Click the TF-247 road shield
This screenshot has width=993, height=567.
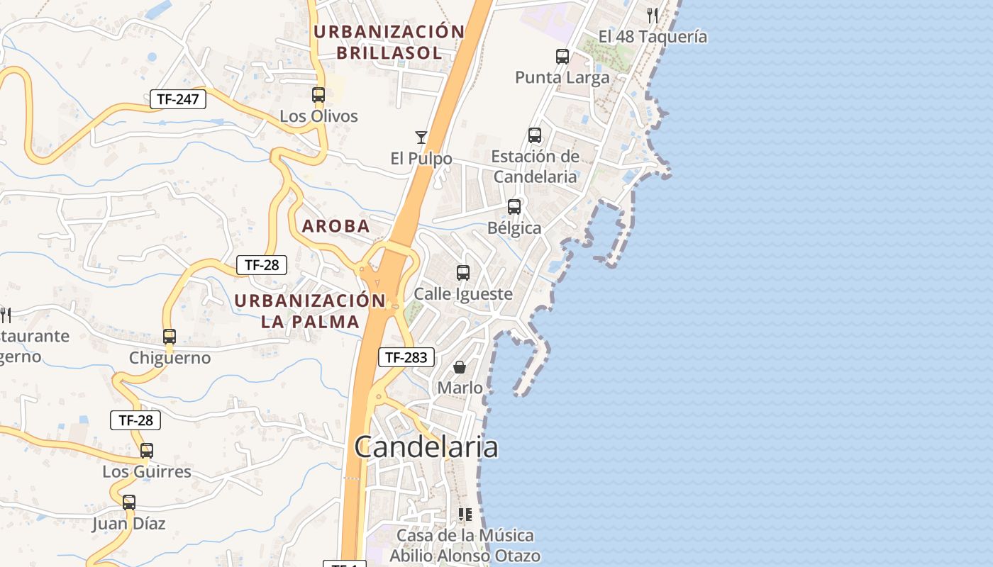[x=177, y=99]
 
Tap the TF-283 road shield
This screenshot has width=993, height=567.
[x=406, y=357]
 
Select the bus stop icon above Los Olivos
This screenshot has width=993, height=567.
[x=318, y=95]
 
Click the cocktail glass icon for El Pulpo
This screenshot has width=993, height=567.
[x=421, y=137]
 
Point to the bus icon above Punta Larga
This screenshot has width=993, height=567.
[x=562, y=57]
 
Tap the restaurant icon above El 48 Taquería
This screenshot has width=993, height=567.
[x=653, y=15]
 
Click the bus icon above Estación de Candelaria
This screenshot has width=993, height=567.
[x=535, y=135]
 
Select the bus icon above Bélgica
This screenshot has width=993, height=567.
[x=514, y=207]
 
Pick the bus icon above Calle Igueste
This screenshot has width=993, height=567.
[x=463, y=273]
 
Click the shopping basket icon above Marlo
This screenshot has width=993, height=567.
[x=460, y=367]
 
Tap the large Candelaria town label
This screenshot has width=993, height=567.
[x=426, y=447]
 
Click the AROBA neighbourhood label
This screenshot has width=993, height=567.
[x=336, y=226]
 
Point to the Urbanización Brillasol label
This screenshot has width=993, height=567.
[x=389, y=42]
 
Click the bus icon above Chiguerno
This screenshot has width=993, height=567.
[x=170, y=337]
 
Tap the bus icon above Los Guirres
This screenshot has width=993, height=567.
[x=147, y=451]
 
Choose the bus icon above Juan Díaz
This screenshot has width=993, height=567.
[x=129, y=503]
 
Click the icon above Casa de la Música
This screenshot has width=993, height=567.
[x=465, y=515]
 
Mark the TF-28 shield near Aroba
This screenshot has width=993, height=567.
[x=262, y=265]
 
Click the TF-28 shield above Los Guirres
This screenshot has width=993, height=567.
[x=135, y=420]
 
